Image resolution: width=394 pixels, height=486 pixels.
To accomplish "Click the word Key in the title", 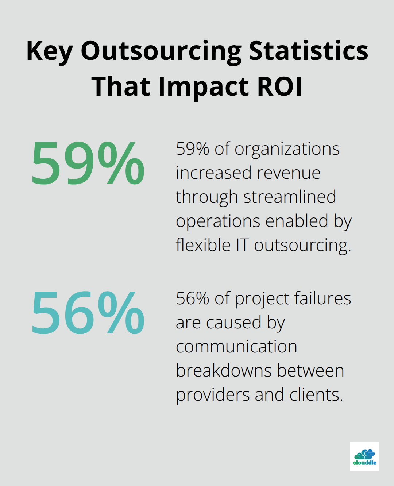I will (x=50, y=51).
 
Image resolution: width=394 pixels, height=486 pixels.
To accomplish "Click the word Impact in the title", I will (x=204, y=87).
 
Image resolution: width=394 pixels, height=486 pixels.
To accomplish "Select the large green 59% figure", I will (x=88, y=163).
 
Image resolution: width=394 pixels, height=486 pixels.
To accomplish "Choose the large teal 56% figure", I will (x=88, y=313).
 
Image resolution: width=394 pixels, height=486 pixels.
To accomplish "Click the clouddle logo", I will (x=364, y=457).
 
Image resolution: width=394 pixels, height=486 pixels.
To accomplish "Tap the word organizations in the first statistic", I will (x=287, y=149).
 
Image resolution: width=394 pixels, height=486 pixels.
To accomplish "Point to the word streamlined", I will (x=290, y=197).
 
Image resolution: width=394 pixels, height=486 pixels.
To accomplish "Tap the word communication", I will (x=236, y=347).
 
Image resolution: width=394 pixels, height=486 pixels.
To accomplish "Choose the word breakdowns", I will (x=224, y=371).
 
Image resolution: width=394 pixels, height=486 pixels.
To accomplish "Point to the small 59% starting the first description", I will (x=192, y=149).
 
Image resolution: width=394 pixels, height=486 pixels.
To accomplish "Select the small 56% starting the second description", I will (x=192, y=298).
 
